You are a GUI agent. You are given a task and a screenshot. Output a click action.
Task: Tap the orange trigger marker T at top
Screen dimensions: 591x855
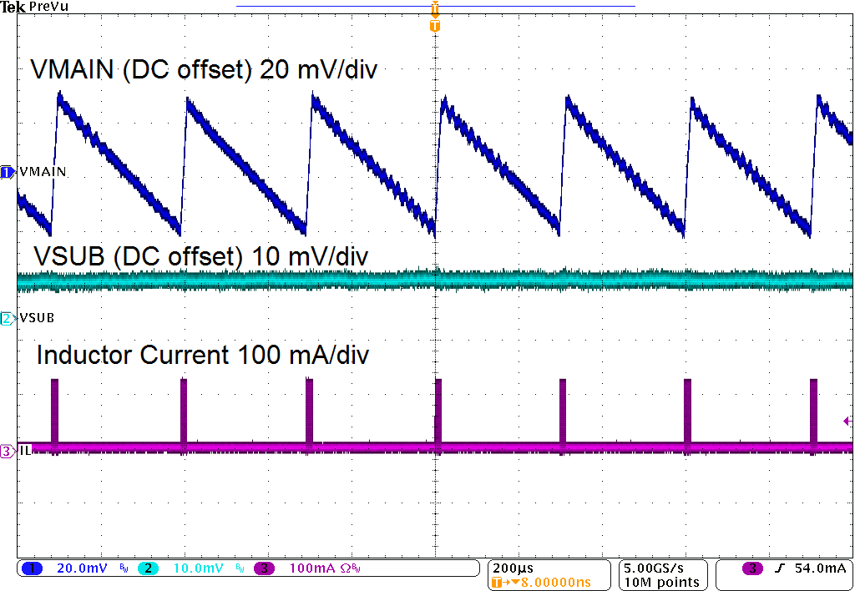point(434,26)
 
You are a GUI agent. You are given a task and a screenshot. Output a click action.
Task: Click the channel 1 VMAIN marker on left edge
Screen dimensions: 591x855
point(8,171)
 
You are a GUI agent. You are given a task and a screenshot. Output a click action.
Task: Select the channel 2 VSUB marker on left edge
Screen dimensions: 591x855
point(8,318)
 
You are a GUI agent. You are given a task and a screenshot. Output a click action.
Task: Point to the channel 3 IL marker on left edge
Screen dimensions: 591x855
point(8,451)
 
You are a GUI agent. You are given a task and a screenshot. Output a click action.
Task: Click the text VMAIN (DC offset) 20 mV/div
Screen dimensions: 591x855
point(204,70)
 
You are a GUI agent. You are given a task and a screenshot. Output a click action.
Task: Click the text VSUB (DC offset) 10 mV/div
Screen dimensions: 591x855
point(200,255)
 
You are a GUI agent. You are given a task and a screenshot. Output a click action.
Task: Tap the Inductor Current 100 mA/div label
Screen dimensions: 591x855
point(203,355)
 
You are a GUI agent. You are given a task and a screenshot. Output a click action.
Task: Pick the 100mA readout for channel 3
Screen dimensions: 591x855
point(311,568)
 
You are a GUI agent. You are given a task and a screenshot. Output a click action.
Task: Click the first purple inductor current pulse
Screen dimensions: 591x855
point(55,413)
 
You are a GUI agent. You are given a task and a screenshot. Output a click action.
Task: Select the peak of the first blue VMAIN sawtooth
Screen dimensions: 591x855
point(58,93)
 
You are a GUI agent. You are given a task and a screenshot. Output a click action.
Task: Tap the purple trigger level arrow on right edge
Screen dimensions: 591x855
point(847,422)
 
